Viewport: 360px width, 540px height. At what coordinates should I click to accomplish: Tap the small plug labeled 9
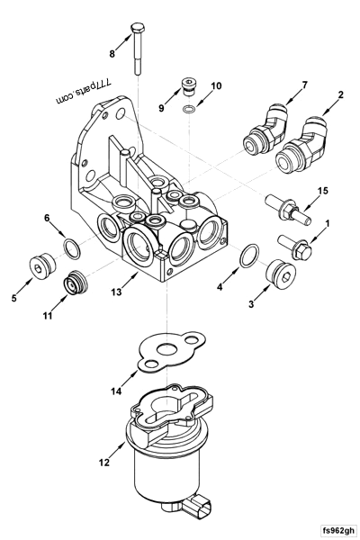click(x=188, y=87)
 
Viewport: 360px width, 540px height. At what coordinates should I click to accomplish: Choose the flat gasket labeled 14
click(x=169, y=355)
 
